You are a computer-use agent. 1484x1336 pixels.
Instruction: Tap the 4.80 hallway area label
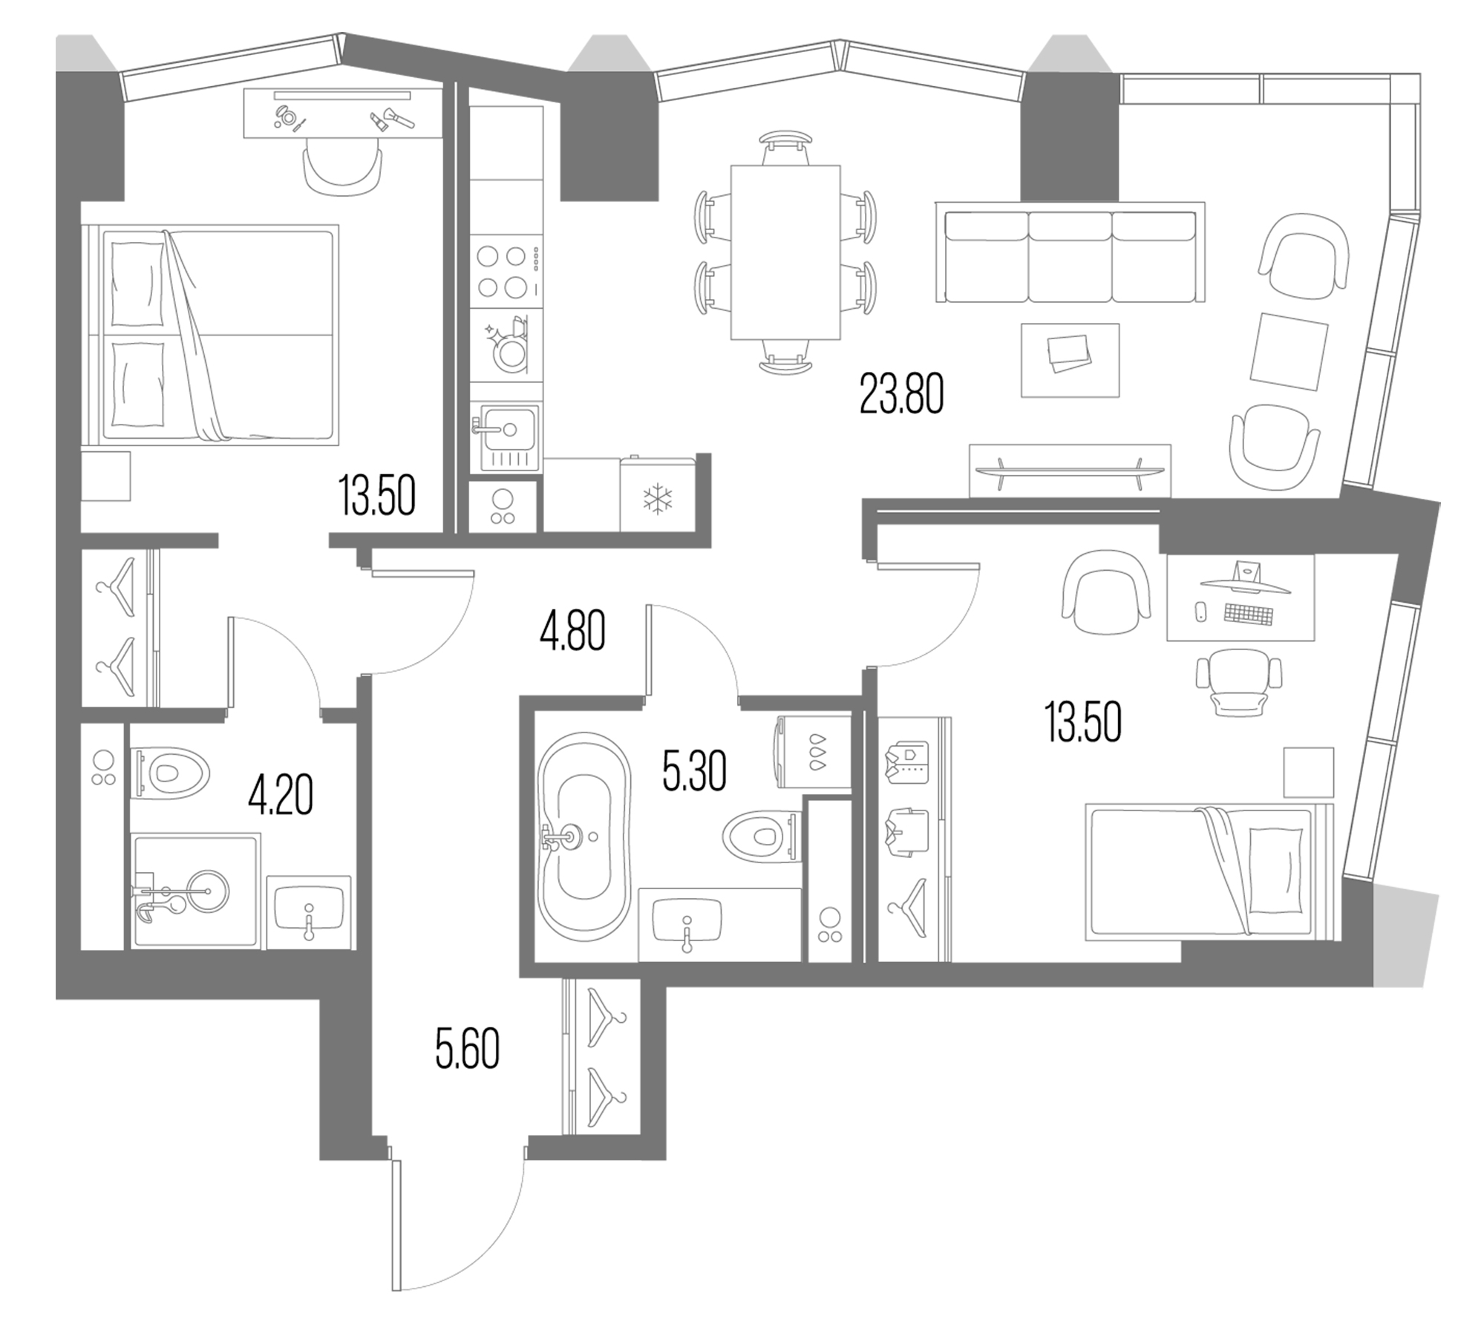coord(572,631)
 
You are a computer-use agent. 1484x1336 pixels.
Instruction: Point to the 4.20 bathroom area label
coord(280,794)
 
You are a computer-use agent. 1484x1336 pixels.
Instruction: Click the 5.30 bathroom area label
coord(693,771)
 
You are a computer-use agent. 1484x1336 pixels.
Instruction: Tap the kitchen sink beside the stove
coord(509,430)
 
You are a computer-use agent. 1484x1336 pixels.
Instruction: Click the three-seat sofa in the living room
coord(1070,256)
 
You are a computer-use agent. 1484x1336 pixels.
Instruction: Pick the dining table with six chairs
coord(785,252)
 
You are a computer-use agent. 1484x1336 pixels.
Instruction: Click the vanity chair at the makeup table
coord(343,171)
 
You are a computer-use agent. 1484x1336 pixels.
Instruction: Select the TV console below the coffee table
coord(1069,470)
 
